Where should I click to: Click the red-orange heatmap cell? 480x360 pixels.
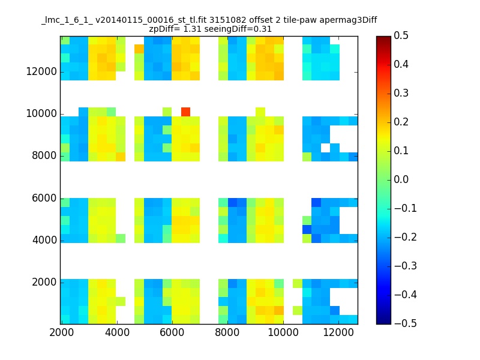click(185, 112)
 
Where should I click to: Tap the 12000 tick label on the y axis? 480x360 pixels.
click(41, 71)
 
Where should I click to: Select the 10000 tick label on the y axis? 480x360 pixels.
click(41, 113)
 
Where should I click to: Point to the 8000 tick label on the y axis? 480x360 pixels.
click(44, 155)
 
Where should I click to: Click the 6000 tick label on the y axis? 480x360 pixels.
click(44, 198)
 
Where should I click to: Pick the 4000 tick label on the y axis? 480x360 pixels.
click(44, 240)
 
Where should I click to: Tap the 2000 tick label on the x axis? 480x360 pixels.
click(62, 332)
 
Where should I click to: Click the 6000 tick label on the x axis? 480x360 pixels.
click(172, 332)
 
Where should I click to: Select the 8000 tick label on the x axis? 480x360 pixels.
click(227, 332)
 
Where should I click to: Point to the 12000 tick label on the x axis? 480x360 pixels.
click(338, 332)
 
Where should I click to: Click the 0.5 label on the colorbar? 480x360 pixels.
click(401, 35)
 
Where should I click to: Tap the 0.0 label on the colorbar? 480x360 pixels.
click(401, 179)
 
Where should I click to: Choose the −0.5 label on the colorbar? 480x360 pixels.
click(406, 323)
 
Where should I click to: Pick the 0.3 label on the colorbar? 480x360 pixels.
click(401, 93)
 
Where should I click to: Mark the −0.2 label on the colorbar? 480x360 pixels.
click(406, 237)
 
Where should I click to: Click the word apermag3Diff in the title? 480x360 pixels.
click(348, 20)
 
